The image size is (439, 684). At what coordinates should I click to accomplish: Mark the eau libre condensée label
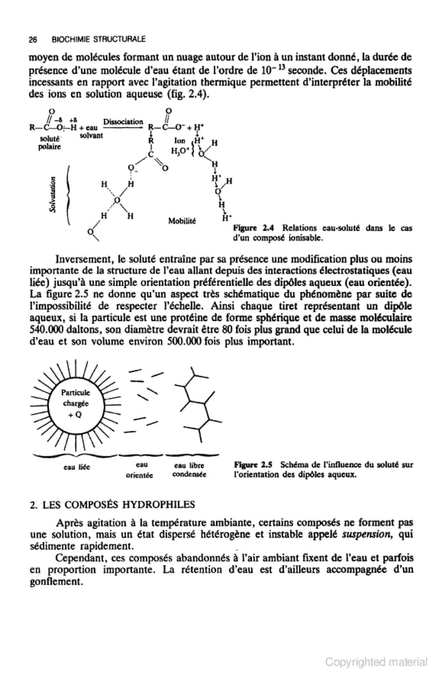(x=186, y=470)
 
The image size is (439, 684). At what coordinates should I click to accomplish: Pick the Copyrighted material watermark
(x=376, y=662)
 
